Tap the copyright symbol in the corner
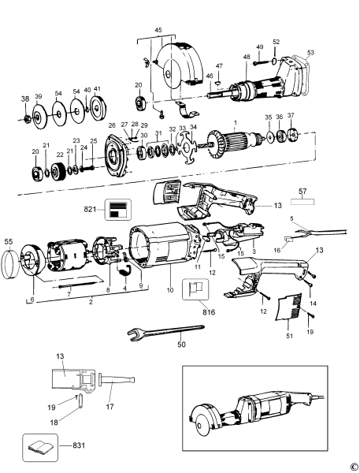354,467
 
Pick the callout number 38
24,99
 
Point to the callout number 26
112,125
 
